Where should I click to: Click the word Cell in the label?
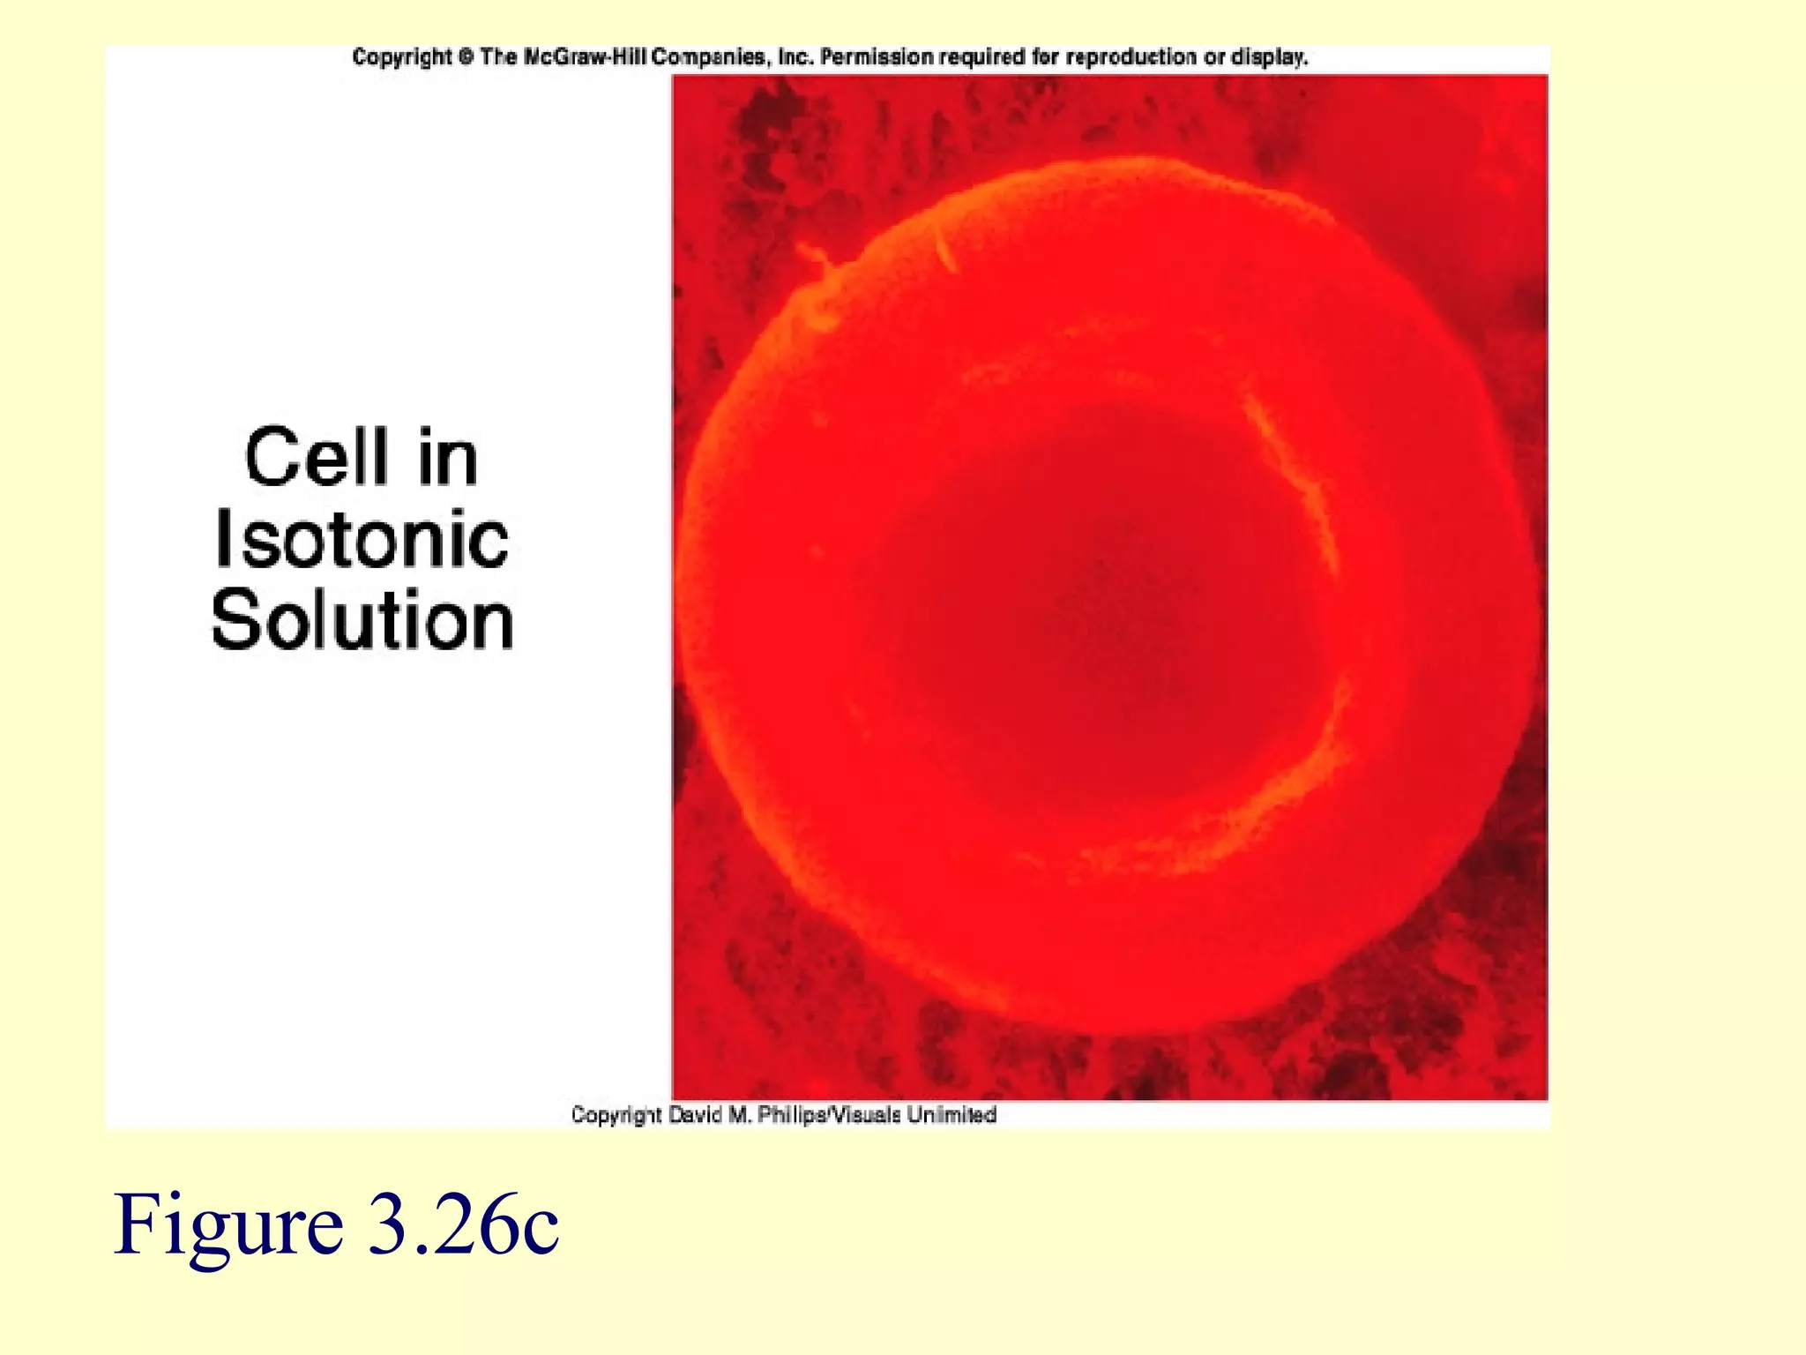[x=316, y=457]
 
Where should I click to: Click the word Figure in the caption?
[x=228, y=1224]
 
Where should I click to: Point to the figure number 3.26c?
[x=463, y=1224]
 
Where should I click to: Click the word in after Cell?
[x=448, y=457]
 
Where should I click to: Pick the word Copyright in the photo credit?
[x=616, y=1115]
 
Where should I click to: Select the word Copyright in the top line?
[x=401, y=58]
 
